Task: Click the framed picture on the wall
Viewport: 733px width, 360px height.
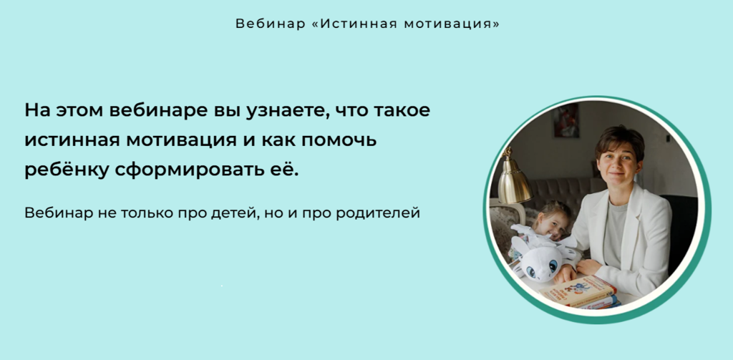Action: (x=567, y=120)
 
